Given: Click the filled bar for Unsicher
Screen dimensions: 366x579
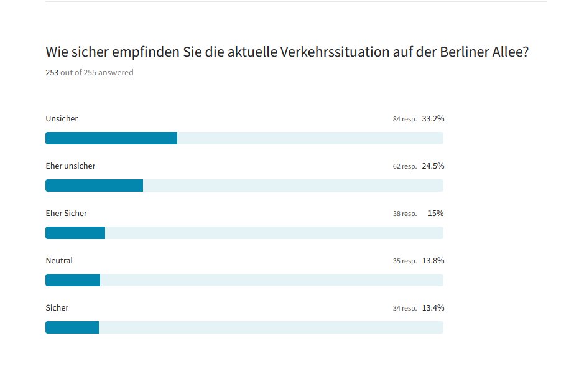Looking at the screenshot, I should (111, 138).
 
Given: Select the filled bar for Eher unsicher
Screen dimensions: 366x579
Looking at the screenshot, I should (94, 185).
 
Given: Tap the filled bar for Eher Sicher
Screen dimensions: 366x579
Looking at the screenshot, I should (75, 233).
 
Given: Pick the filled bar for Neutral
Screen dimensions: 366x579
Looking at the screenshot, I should (73, 280).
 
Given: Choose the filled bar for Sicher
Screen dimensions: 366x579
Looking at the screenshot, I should (72, 327).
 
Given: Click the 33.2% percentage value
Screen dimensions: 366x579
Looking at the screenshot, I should (433, 119).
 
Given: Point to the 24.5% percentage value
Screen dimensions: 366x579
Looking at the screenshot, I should (433, 166).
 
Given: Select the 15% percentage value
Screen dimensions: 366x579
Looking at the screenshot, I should (435, 213).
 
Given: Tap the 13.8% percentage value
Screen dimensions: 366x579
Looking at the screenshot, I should (433, 261).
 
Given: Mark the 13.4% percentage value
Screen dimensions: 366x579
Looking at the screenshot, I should (433, 308).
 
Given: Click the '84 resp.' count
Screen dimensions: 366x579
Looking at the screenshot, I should (404, 120).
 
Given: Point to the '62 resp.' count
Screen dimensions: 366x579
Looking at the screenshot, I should (404, 167).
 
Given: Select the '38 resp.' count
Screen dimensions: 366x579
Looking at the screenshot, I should (404, 214).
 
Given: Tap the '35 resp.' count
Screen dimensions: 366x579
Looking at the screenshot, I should (404, 261).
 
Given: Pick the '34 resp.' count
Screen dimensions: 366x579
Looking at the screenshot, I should (404, 309).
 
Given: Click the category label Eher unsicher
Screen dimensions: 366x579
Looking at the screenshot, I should (70, 166).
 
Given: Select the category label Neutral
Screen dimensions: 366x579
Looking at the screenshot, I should (59, 261).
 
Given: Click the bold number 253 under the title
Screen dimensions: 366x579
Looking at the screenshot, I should (52, 73).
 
